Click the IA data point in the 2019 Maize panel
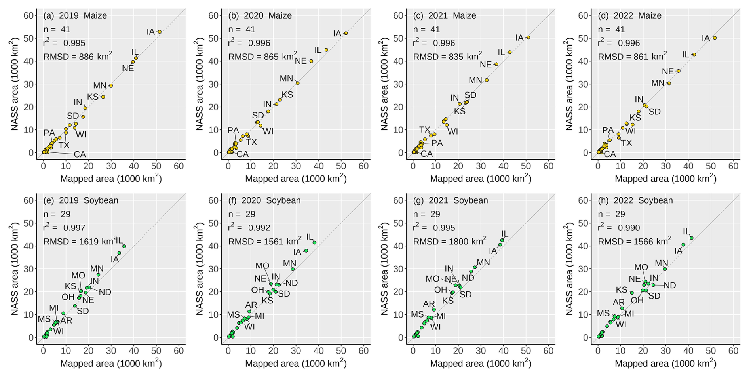pyautogui.click(x=160, y=32)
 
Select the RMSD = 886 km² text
pyautogui.click(x=78, y=57)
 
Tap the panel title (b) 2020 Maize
pyautogui.click(x=260, y=15)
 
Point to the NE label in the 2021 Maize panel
pyautogui.click(x=486, y=64)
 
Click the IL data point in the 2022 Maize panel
pyautogui.click(x=694, y=55)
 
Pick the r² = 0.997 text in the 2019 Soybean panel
pyautogui.click(x=64, y=228)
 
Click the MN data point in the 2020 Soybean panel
pyautogui.click(x=293, y=269)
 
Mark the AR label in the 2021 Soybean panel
pyautogui.click(x=429, y=304)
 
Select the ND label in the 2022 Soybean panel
pyautogui.click(x=670, y=285)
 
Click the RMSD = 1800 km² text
pyautogui.click(x=450, y=241)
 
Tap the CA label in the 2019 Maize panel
pyautogui.click(x=80, y=154)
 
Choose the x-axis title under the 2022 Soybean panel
pyautogui.click(x=665, y=363)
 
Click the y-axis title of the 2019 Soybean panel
pyautogui.click(x=14, y=269)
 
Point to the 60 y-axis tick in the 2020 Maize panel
pyautogui.click(x=213, y=15)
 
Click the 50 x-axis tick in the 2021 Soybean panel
pyautogui.click(x=526, y=350)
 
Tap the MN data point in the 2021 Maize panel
pyautogui.click(x=487, y=80)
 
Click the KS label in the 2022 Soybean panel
pyautogui.click(x=622, y=290)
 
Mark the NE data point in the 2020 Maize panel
pyautogui.click(x=311, y=61)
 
